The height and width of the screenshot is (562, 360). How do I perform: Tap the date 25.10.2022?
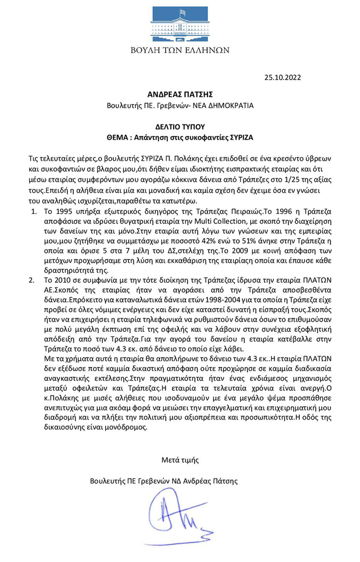tap(282, 77)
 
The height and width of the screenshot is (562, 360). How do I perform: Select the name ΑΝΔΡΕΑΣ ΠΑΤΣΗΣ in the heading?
tap(180, 95)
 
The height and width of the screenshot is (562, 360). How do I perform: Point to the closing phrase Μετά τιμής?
tap(180, 459)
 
